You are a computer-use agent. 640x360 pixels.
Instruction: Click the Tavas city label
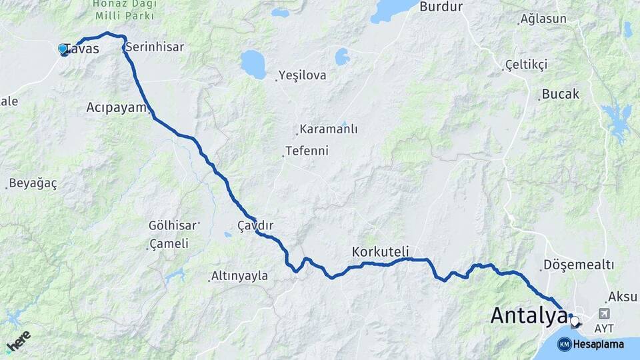[x=84, y=49]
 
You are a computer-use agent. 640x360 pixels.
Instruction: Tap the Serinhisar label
[x=154, y=47]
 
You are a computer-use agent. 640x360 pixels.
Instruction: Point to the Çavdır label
[x=256, y=225]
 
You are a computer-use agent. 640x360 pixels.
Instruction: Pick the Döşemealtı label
[x=579, y=265]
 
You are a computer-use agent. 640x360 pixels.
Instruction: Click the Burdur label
[x=441, y=7]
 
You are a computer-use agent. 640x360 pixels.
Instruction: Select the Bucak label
[x=561, y=94]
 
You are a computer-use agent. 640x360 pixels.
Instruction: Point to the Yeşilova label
[x=303, y=75]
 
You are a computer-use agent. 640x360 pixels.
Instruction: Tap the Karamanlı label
[x=329, y=129]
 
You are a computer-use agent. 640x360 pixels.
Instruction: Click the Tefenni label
[x=307, y=151]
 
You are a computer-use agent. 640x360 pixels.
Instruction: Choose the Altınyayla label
[x=239, y=276]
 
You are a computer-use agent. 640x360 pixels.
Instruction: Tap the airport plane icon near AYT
[x=605, y=313]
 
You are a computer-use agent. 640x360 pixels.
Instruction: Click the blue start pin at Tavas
[x=63, y=49]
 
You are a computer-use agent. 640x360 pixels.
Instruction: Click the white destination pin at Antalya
[x=575, y=322]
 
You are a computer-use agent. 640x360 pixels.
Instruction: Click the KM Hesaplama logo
[x=591, y=344]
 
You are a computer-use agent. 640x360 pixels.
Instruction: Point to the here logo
[x=19, y=341]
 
